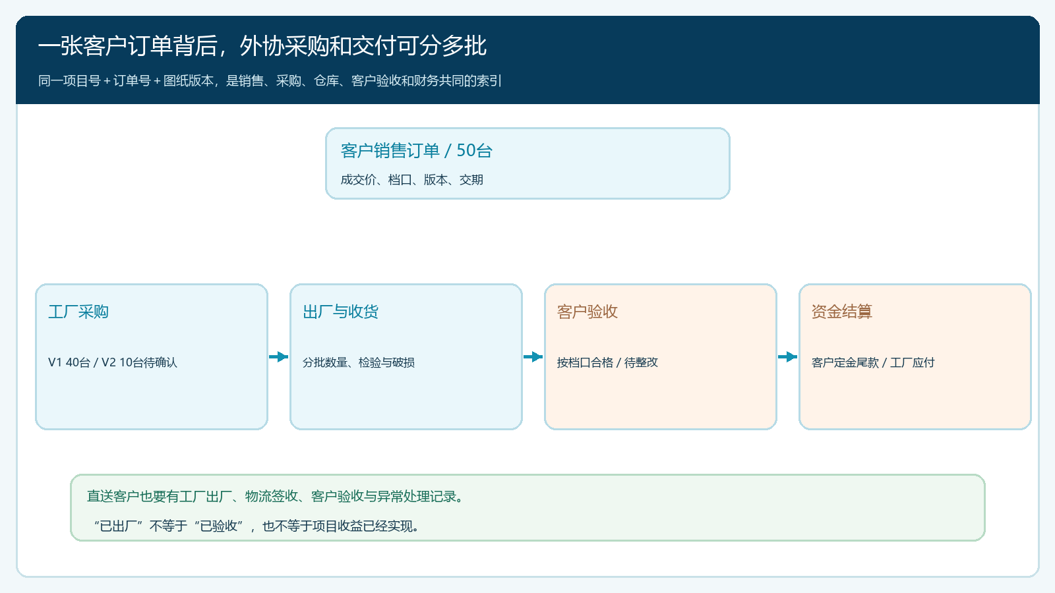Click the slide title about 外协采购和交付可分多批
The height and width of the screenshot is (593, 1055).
pos(262,46)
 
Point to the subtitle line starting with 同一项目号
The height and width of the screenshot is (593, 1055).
pos(270,81)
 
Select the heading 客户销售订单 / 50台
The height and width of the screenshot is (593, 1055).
pos(416,151)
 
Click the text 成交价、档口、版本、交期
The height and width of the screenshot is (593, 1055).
pos(411,180)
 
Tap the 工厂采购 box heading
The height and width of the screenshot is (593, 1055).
pos(78,312)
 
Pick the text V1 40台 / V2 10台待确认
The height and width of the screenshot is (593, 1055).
pos(113,362)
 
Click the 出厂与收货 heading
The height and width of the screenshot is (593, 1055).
pos(340,312)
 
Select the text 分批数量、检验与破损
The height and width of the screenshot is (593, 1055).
pos(359,362)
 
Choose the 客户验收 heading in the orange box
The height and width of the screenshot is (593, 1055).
pos(588,312)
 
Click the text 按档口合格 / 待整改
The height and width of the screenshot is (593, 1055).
pos(607,362)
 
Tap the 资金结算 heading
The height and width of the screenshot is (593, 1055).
pos(841,312)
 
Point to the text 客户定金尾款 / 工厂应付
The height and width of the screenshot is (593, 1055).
pos(873,362)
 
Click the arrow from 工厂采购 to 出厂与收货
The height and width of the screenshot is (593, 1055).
pos(279,356)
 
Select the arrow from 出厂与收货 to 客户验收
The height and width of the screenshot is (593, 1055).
pos(533,356)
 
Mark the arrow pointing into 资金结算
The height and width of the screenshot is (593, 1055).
pos(788,356)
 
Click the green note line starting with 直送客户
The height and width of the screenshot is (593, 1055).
pos(275,497)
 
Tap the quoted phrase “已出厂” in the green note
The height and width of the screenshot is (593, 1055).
pos(118,526)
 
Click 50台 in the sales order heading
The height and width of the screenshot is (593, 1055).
pos(474,151)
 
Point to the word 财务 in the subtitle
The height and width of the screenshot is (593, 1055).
pos(426,81)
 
